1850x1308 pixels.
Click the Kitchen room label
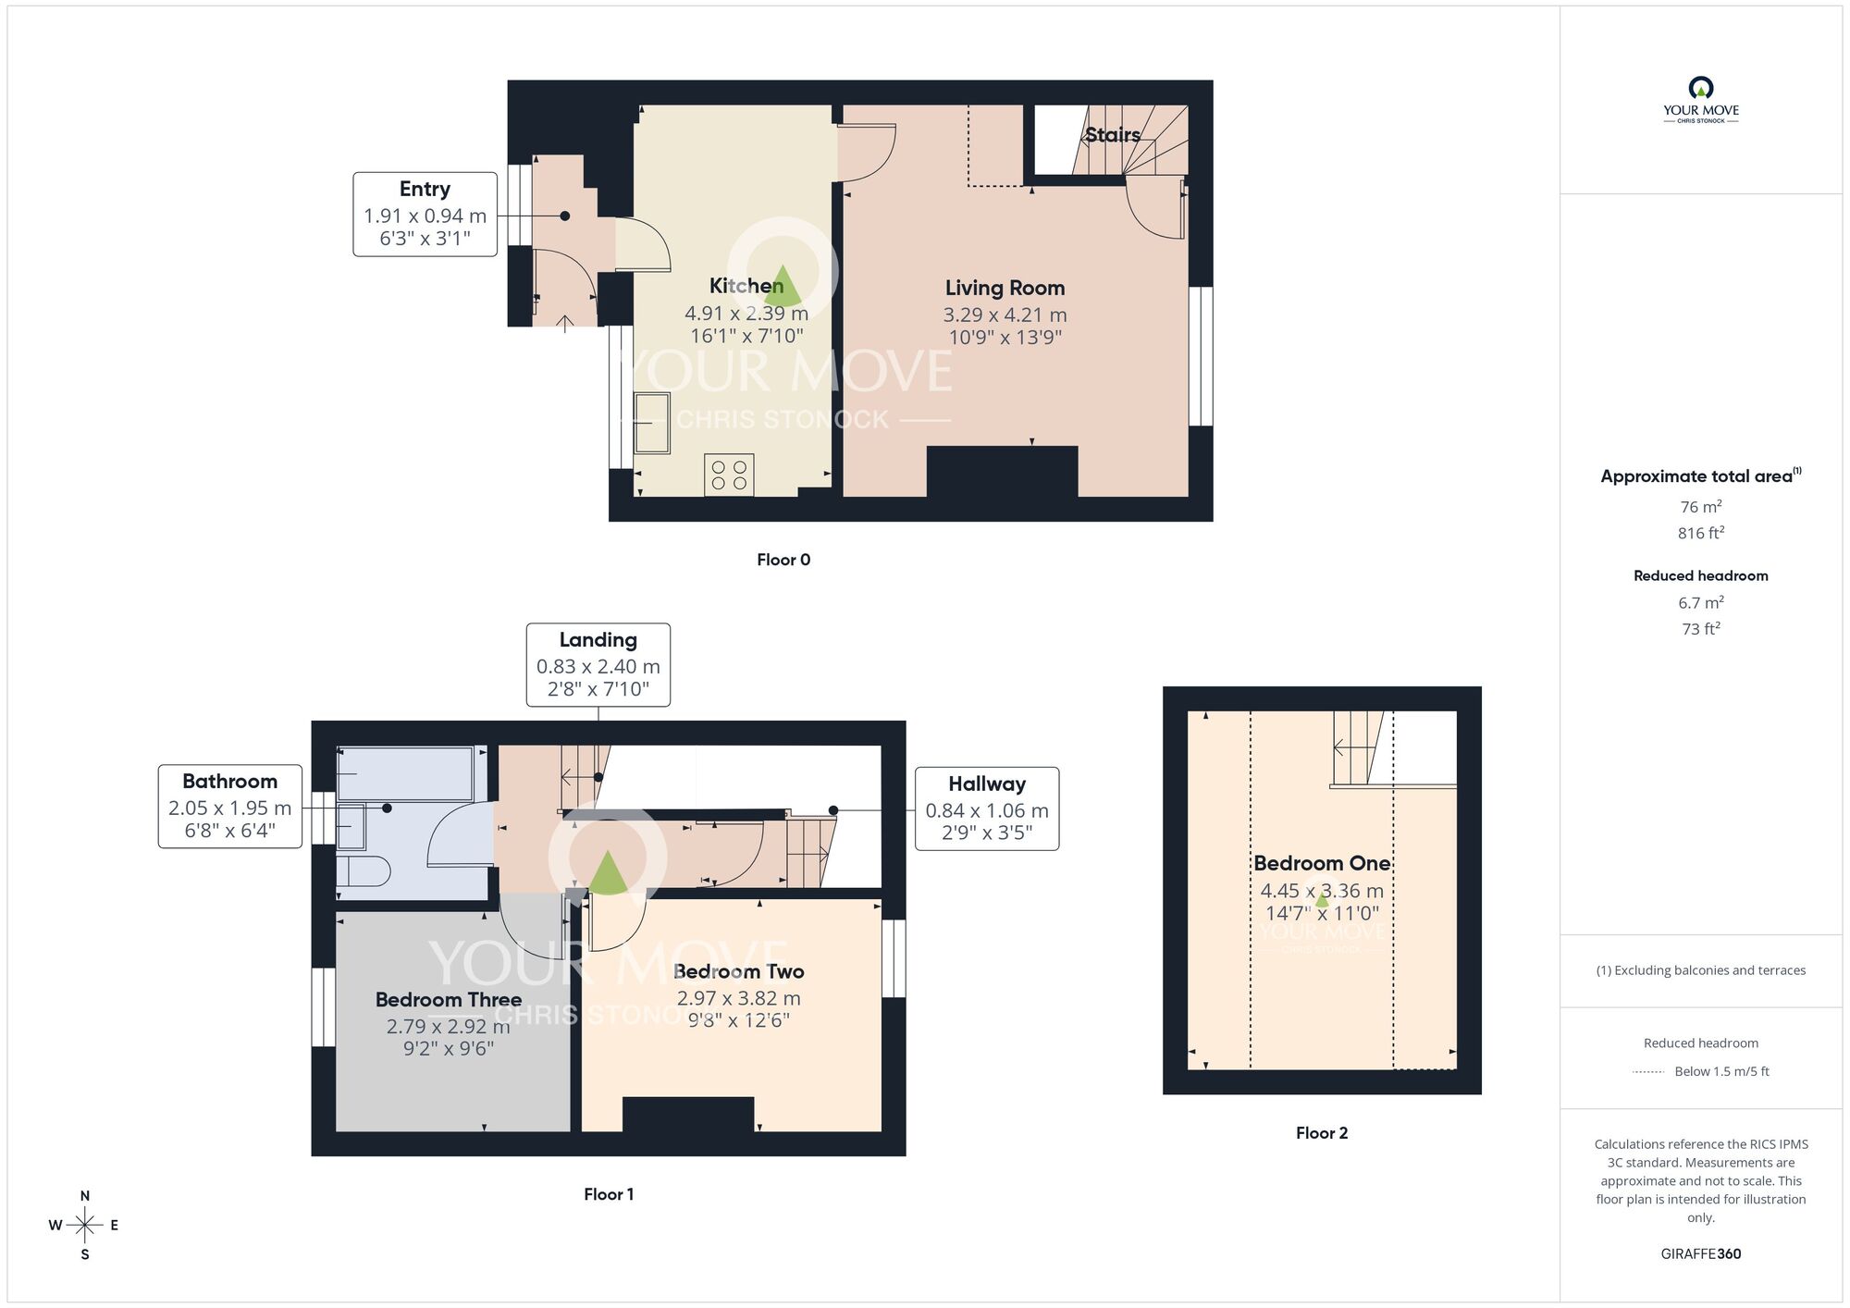(746, 286)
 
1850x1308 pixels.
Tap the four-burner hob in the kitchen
(729, 475)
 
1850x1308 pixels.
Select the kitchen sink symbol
(652, 423)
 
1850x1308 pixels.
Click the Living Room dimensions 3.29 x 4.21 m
(1005, 315)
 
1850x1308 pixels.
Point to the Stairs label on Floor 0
(1112, 135)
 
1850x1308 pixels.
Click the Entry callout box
(425, 214)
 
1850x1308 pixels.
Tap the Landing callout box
(598, 664)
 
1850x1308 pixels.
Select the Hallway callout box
(986, 808)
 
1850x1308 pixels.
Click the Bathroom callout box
(229, 806)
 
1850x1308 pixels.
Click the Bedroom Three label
(448, 1000)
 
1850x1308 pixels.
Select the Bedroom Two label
(738, 971)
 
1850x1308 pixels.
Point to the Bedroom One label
(1321, 863)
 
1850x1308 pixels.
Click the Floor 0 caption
(783, 560)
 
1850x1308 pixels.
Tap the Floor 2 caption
(1321, 1133)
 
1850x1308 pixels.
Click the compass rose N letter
(85, 1196)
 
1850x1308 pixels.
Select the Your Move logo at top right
(1700, 100)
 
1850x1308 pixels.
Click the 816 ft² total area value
(1700, 533)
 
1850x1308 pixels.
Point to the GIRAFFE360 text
(1700, 1254)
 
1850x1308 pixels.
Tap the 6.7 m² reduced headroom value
(1700, 602)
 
